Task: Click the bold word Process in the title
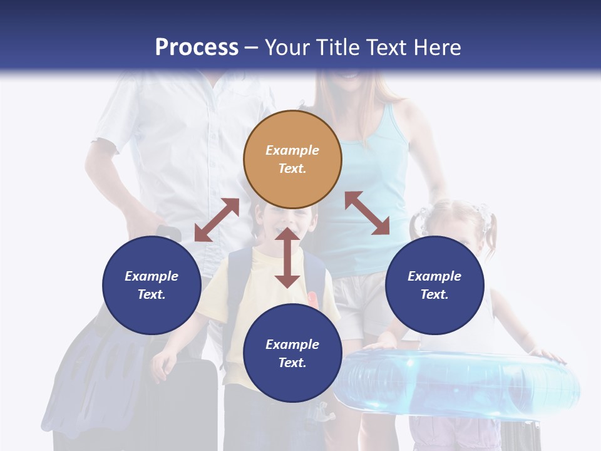[x=197, y=48]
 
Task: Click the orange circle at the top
[x=292, y=159]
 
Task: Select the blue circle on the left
[x=152, y=285]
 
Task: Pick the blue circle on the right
[x=434, y=285]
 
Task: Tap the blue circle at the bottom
[x=292, y=353]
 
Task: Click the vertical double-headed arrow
[x=287, y=258]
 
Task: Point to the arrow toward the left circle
[x=217, y=220]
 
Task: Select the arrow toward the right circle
[x=367, y=213]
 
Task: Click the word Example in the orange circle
[x=292, y=150]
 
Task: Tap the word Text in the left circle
[x=152, y=294]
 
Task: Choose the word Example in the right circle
[x=434, y=276]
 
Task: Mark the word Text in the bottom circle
[x=292, y=363]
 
